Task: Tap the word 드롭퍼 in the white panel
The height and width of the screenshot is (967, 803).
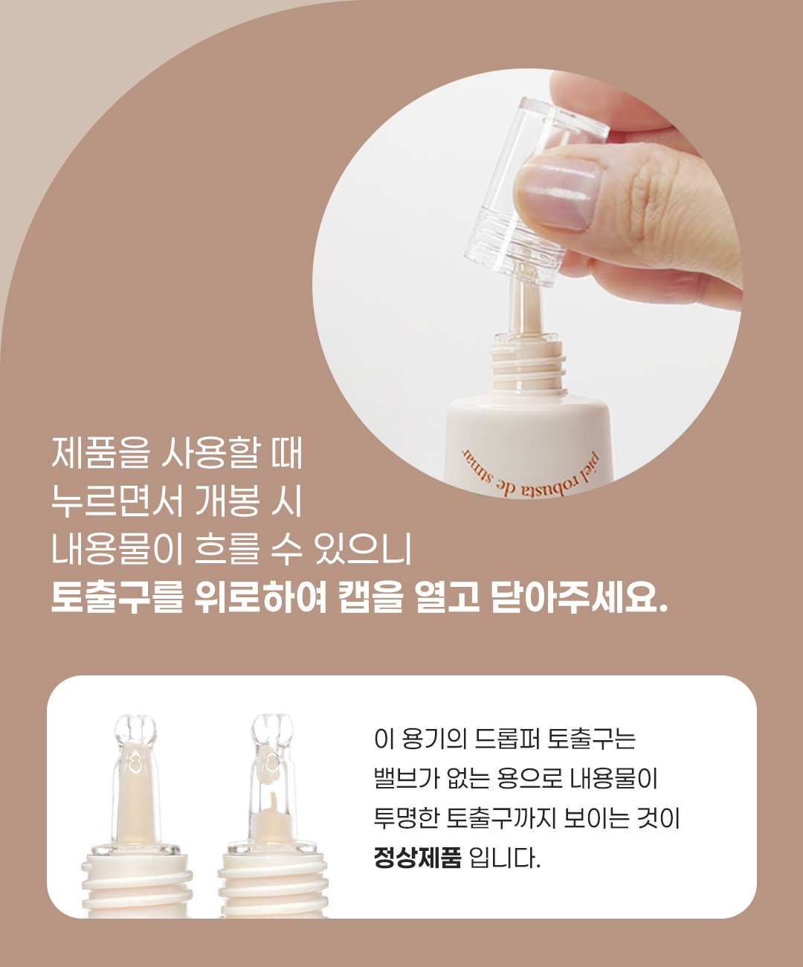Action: coord(507,738)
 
